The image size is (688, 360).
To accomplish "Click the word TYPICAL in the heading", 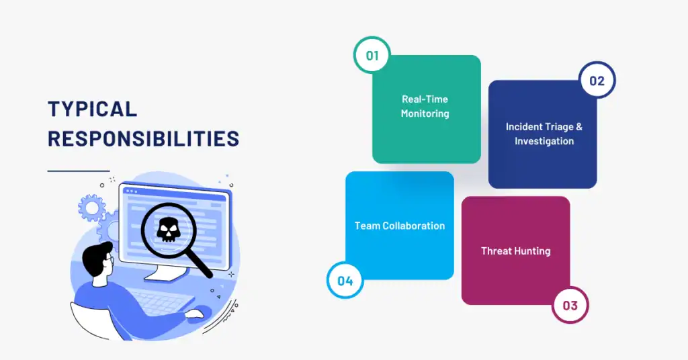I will click(x=92, y=109).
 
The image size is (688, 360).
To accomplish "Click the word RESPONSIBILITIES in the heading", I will click(x=143, y=138).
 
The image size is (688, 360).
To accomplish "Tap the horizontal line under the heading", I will click(x=78, y=171).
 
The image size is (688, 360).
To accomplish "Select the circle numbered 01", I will click(x=372, y=55).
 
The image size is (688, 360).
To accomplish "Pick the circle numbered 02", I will click(x=597, y=81).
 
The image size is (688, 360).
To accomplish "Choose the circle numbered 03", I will click(x=570, y=306).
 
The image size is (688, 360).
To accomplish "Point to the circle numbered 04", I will click(x=345, y=281).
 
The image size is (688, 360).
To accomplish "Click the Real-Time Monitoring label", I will click(x=425, y=106).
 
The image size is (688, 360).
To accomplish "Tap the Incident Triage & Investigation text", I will click(x=544, y=134).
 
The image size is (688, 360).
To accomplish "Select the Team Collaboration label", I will click(x=400, y=226).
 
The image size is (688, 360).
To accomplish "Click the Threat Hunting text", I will click(x=515, y=251).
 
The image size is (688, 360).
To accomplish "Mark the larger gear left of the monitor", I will click(x=92, y=208).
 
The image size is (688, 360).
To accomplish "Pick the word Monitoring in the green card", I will click(x=425, y=114).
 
